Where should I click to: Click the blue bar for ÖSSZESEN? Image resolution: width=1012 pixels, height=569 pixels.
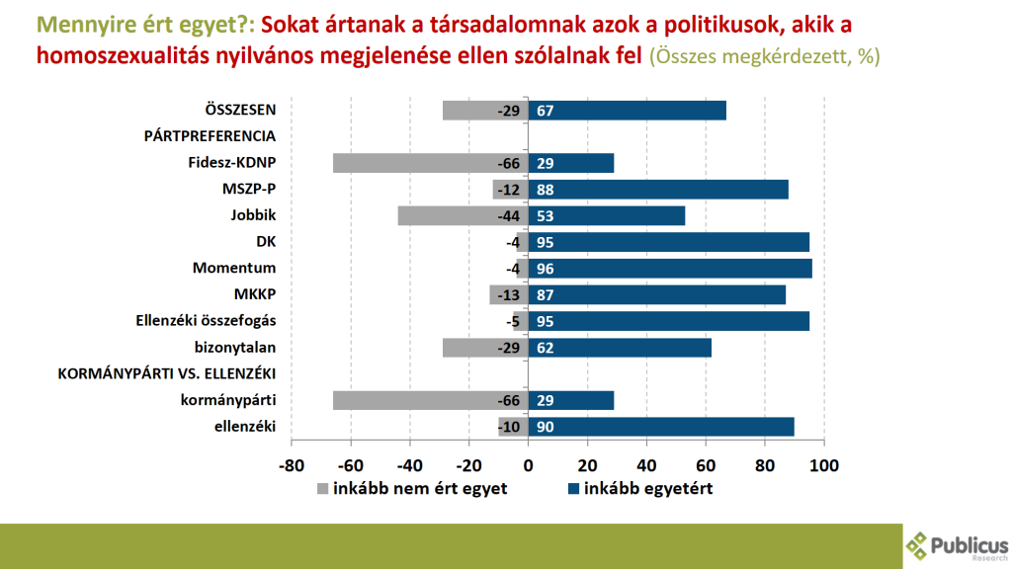tap(628, 111)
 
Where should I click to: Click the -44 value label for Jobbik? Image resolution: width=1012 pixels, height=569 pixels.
tap(509, 216)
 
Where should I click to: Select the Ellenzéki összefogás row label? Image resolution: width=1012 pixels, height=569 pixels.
tap(205, 321)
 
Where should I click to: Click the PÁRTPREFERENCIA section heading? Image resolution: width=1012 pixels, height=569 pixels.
tap(209, 136)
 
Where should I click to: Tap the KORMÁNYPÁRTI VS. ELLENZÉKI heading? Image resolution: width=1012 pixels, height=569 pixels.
tap(166, 373)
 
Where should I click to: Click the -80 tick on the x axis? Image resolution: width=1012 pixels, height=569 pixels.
tap(291, 464)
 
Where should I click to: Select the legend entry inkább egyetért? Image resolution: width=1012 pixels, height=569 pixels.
tap(639, 489)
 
